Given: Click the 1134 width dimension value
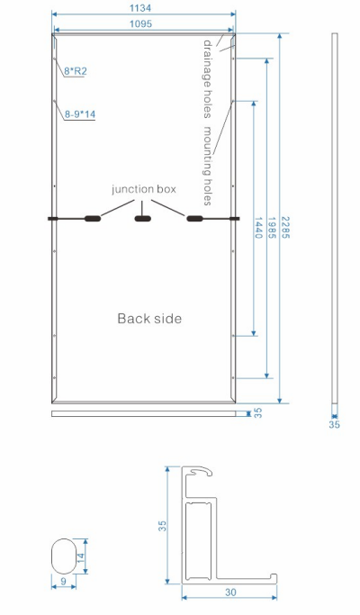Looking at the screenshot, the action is pos(140,8).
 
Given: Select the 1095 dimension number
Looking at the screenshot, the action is pos(140,24).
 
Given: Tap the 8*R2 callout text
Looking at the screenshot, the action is pos(76,71).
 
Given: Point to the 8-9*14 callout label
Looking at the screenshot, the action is pos(80,114).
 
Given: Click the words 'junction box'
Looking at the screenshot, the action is pos(144,189).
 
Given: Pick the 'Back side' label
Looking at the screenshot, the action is pos(149,318).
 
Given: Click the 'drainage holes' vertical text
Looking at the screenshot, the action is pos(208,79).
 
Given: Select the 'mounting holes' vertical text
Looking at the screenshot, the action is pos(208,166).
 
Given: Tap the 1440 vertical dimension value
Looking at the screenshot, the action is pos(258,228).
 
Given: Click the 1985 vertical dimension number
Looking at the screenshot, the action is pos(272,228).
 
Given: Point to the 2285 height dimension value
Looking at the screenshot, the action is pos(285,228).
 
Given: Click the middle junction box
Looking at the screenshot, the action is pos(143,219).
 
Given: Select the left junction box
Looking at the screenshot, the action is pos(93,219).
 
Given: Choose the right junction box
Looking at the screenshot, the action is pos(194,219).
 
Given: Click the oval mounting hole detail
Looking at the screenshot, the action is pos(64,556).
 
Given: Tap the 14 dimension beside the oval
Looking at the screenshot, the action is pos(80,556).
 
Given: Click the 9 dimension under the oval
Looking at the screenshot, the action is pos(64,582).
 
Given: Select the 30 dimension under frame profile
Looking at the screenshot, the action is pos(230,592).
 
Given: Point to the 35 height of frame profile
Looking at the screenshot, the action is pos(162,526).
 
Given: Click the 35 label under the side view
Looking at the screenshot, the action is pos(334,424).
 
